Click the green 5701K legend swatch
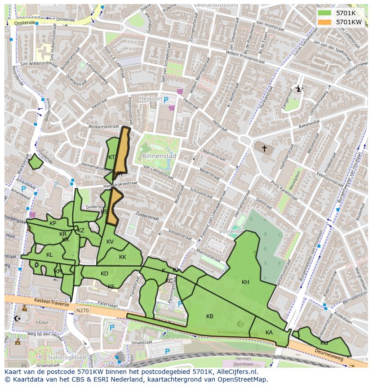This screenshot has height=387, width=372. [x=324, y=13]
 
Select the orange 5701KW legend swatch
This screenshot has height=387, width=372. [x=324, y=22]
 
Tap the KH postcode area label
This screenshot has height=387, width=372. [x=245, y=282]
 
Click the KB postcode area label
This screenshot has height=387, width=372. [x=210, y=316]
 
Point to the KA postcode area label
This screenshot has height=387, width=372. [x=269, y=333]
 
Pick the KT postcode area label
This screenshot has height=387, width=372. [x=112, y=157]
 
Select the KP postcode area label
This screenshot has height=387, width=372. [x=53, y=223]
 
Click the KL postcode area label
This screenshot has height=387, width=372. [x=49, y=255]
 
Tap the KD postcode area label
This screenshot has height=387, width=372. [x=105, y=274]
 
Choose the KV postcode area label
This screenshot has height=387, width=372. [x=110, y=242]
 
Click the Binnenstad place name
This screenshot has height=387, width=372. [x=159, y=156]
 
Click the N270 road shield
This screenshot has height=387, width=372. [x=83, y=310]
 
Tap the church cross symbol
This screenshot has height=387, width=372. [x=265, y=148]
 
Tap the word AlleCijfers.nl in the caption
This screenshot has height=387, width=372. [x=235, y=372]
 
